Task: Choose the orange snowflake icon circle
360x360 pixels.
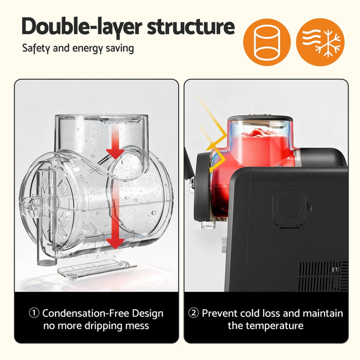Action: point(319,42)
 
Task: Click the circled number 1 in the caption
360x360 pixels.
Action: point(34,313)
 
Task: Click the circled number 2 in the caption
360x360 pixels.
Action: point(193,313)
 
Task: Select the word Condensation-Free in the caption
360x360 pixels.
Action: point(82,313)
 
